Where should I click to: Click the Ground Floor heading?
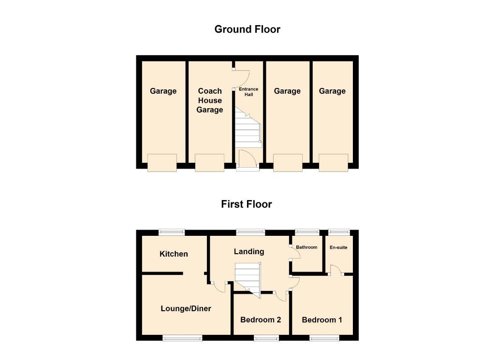click(247, 29)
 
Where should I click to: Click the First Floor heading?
click(247, 204)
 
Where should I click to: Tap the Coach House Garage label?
click(210, 101)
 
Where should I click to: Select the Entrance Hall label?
click(249, 91)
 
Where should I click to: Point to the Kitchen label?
click(174, 254)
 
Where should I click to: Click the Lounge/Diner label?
click(186, 308)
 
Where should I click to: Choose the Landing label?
click(249, 251)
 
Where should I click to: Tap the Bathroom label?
click(306, 247)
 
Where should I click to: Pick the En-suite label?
click(338, 247)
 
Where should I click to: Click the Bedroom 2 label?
click(261, 320)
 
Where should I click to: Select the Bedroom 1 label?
click(322, 320)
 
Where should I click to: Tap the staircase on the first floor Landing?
click(247, 277)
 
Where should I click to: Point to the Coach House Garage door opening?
click(209, 163)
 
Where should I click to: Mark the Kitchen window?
click(172, 232)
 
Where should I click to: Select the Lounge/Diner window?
click(182, 338)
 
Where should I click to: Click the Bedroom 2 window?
click(266, 338)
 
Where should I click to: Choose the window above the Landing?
click(250, 232)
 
